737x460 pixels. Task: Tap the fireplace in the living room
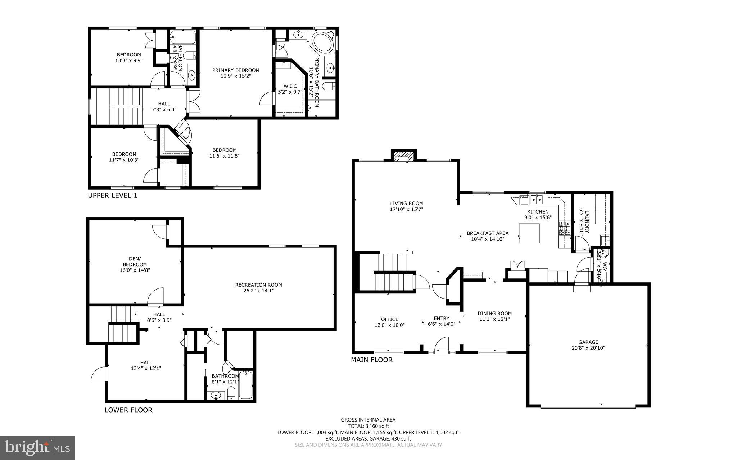pyautogui.click(x=403, y=157)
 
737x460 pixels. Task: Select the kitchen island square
pyautogui.click(x=529, y=233)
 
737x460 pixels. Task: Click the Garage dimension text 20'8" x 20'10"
pyautogui.click(x=588, y=348)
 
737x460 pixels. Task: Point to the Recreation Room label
pyautogui.click(x=258, y=285)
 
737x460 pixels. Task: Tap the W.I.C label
pyautogui.click(x=290, y=86)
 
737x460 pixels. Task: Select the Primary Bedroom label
pyautogui.click(x=236, y=70)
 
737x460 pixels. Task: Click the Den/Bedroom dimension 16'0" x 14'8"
pyautogui.click(x=135, y=270)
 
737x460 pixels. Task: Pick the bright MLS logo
pyautogui.click(x=37, y=447)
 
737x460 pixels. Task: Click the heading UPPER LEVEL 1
pyautogui.click(x=113, y=196)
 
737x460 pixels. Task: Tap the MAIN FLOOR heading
pyautogui.click(x=372, y=360)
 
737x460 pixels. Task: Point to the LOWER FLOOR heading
pyautogui.click(x=128, y=410)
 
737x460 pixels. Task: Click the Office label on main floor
pyautogui.click(x=390, y=319)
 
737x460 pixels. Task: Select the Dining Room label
pyautogui.click(x=494, y=313)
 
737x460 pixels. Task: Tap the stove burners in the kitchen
pyautogui.click(x=564, y=228)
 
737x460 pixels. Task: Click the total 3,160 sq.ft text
pyautogui.click(x=368, y=426)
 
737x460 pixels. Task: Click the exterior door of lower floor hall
pyautogui.click(x=99, y=374)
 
